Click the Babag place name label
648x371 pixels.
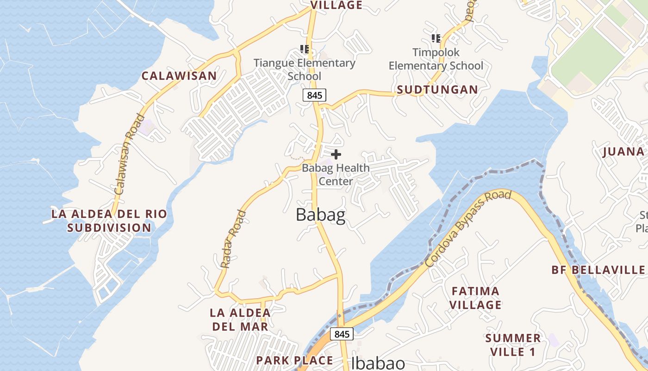point(320,216)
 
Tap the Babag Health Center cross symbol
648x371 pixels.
point(336,154)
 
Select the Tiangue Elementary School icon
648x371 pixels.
point(304,49)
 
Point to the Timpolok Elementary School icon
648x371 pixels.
point(436,38)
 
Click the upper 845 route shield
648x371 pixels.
point(315,95)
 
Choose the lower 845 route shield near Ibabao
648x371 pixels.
point(342,334)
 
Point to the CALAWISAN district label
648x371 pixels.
point(179,76)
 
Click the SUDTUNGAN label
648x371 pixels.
point(437,90)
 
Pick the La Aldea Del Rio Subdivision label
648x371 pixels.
point(109,221)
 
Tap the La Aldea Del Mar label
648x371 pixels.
point(240,319)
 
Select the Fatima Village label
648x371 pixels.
point(476,298)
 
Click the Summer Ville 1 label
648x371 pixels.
point(513,345)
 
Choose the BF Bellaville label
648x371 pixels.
point(598,270)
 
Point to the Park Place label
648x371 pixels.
point(294,360)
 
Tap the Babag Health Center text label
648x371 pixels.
point(336,174)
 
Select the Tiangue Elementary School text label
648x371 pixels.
point(304,69)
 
